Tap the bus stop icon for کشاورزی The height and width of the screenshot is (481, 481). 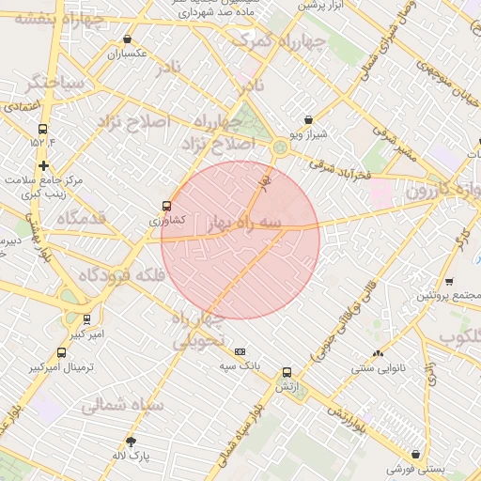pos(167,206)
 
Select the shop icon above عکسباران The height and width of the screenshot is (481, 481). pos(127,39)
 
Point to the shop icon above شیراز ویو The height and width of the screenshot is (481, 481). pos(309,120)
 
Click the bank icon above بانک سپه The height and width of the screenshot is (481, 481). pos(240,350)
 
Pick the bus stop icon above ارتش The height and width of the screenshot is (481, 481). pos(287,372)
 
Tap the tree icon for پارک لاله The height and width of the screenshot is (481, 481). pos(131,442)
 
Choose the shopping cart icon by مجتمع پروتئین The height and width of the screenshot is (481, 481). pos(449,281)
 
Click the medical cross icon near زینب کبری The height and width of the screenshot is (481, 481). pos(43,165)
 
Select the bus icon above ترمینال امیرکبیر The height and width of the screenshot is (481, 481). pos(62,352)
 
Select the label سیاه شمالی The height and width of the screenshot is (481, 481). pos(122,406)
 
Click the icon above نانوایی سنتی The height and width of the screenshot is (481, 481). pos(378,353)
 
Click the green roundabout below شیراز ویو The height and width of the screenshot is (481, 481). pos(280,147)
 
